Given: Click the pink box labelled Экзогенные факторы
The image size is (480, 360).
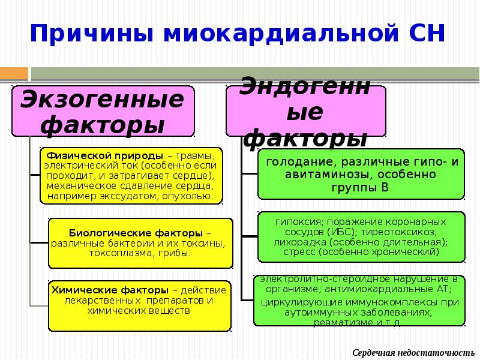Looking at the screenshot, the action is pos(103,111).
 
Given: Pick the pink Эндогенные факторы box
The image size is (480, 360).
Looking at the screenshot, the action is pos(306,111).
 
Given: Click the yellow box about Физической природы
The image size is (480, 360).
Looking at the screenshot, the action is pos(131,175).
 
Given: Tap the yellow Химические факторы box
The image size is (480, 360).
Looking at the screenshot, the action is pos(139,305).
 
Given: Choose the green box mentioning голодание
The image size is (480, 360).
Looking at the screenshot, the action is pos(361,174).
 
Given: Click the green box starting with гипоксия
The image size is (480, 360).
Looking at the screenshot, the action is pos(361,236).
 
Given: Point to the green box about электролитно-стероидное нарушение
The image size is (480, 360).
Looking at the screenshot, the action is pos(359,300).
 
